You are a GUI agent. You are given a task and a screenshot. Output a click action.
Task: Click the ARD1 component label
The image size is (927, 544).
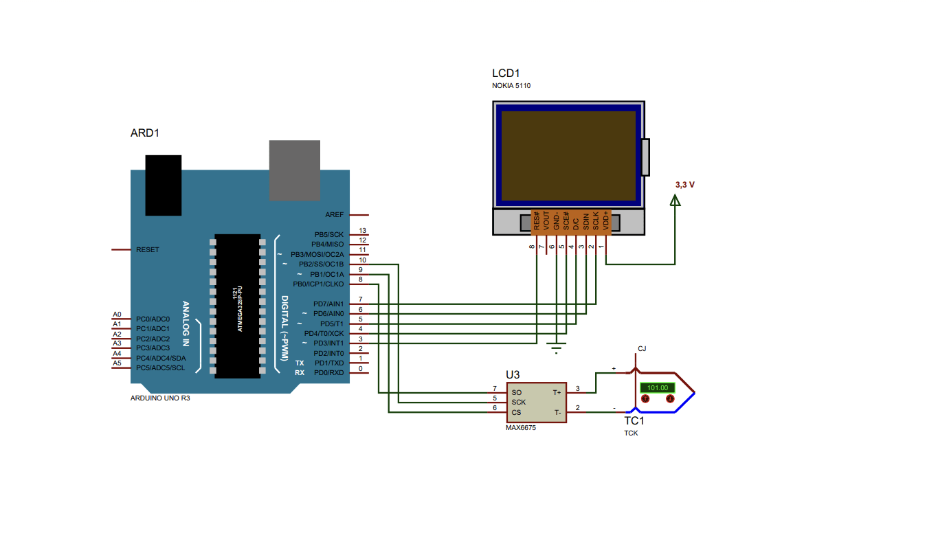click(x=144, y=133)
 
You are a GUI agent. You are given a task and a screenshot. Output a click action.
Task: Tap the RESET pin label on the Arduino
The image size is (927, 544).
click(x=148, y=249)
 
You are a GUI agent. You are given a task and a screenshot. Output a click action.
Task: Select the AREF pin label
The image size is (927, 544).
click(x=335, y=215)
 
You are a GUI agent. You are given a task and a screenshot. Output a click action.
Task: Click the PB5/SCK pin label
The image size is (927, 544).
click(x=329, y=234)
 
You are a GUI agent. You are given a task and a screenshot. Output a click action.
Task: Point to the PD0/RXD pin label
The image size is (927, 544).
click(x=329, y=372)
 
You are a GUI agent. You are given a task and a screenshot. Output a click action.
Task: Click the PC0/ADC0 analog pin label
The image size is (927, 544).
click(x=153, y=319)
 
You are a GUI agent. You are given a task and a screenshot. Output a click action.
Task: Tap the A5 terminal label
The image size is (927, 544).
click(x=117, y=363)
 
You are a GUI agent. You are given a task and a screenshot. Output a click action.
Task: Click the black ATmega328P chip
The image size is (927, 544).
click(x=237, y=306)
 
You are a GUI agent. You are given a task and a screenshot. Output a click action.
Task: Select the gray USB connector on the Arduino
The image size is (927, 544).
click(x=294, y=170)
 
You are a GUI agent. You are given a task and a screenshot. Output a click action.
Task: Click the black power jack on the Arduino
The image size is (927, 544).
click(x=164, y=185)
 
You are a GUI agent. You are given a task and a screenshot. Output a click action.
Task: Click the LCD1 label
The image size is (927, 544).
click(x=506, y=73)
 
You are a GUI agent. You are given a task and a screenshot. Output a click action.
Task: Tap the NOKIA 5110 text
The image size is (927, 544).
click(x=511, y=86)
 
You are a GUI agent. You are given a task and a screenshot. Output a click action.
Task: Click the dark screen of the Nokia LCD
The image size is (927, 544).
click(x=568, y=155)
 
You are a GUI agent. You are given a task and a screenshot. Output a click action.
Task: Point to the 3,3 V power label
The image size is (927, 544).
click(x=685, y=185)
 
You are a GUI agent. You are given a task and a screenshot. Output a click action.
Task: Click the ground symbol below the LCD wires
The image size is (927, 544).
click(x=557, y=347)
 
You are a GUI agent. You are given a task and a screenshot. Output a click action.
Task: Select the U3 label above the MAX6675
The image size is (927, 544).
click(x=513, y=375)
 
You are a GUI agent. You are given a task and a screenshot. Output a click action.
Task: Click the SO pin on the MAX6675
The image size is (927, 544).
click(x=516, y=392)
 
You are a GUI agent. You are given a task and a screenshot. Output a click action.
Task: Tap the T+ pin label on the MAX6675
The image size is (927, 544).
click(x=557, y=392)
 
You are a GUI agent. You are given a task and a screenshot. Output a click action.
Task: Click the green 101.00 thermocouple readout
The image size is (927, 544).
click(x=658, y=387)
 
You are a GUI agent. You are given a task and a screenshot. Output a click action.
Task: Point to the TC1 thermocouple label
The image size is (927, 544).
click(x=634, y=420)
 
